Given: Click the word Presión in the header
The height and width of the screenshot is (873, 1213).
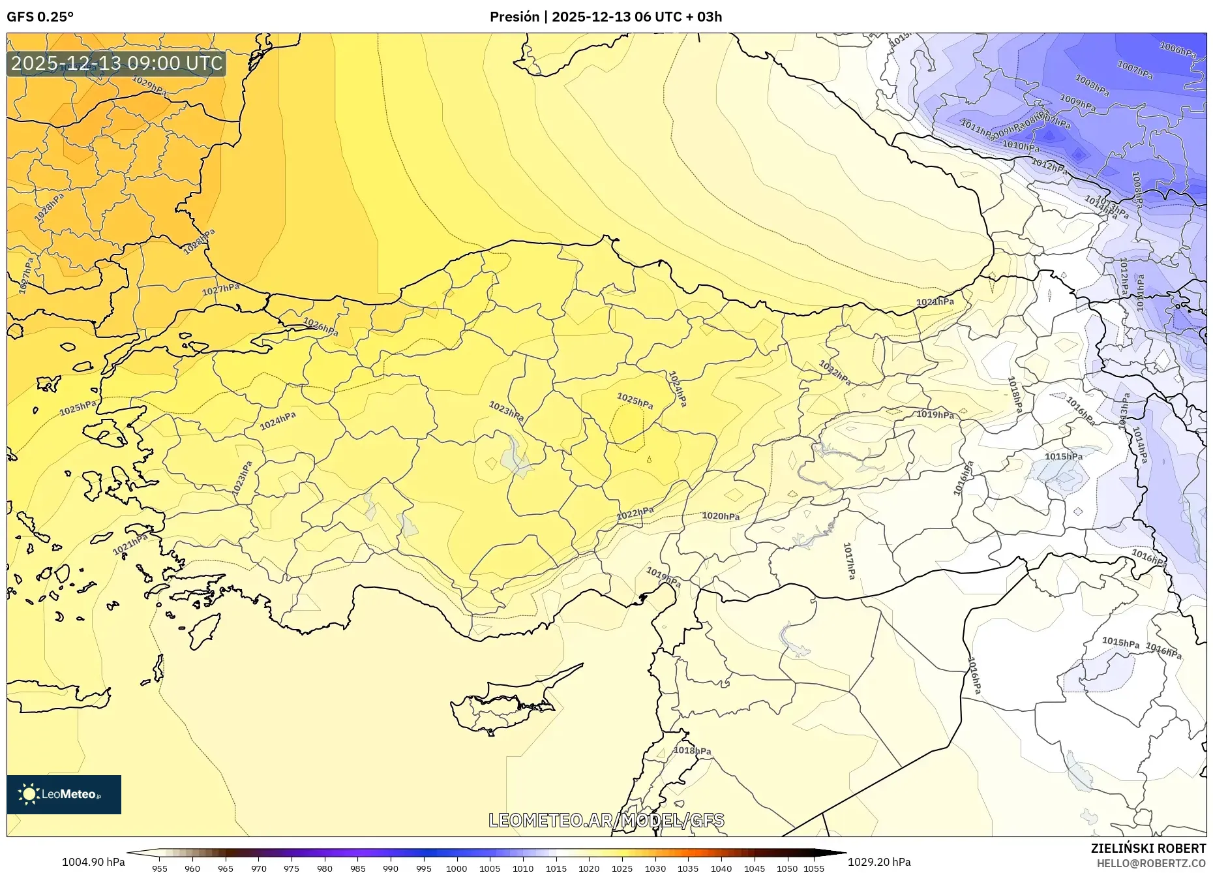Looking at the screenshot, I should tap(515, 17).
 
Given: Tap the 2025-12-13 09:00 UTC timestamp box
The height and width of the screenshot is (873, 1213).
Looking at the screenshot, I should tap(117, 63).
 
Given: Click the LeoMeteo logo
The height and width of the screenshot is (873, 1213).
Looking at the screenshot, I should tap(64, 794).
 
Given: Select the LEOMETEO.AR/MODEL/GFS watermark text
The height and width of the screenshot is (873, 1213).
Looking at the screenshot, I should tap(606, 820).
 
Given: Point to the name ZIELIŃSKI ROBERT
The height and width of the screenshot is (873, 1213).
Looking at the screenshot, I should tap(1148, 848).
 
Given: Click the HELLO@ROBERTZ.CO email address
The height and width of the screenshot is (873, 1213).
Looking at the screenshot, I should tap(1150, 863).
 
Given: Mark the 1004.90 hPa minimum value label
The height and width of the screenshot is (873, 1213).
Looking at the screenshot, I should tap(93, 862).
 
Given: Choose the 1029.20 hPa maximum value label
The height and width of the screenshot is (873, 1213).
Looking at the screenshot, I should tap(879, 862).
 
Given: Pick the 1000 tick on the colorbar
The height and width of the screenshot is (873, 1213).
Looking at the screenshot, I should tap(457, 868).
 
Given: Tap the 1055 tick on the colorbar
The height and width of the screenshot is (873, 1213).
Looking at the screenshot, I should tap(814, 868).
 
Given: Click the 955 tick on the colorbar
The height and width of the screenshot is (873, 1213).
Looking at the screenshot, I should tap(159, 868).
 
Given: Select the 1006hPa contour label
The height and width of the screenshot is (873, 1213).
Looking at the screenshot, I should tap(1177, 49).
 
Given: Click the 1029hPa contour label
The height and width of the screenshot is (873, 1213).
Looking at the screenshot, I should tap(149, 85).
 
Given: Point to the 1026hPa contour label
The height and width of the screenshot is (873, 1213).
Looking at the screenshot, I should tap(320, 326).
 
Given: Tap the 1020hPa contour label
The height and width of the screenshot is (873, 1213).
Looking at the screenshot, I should tap(721, 516).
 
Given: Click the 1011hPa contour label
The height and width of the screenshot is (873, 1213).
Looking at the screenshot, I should tap(977, 129).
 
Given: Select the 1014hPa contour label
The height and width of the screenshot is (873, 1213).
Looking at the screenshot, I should tap(1139, 445).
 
